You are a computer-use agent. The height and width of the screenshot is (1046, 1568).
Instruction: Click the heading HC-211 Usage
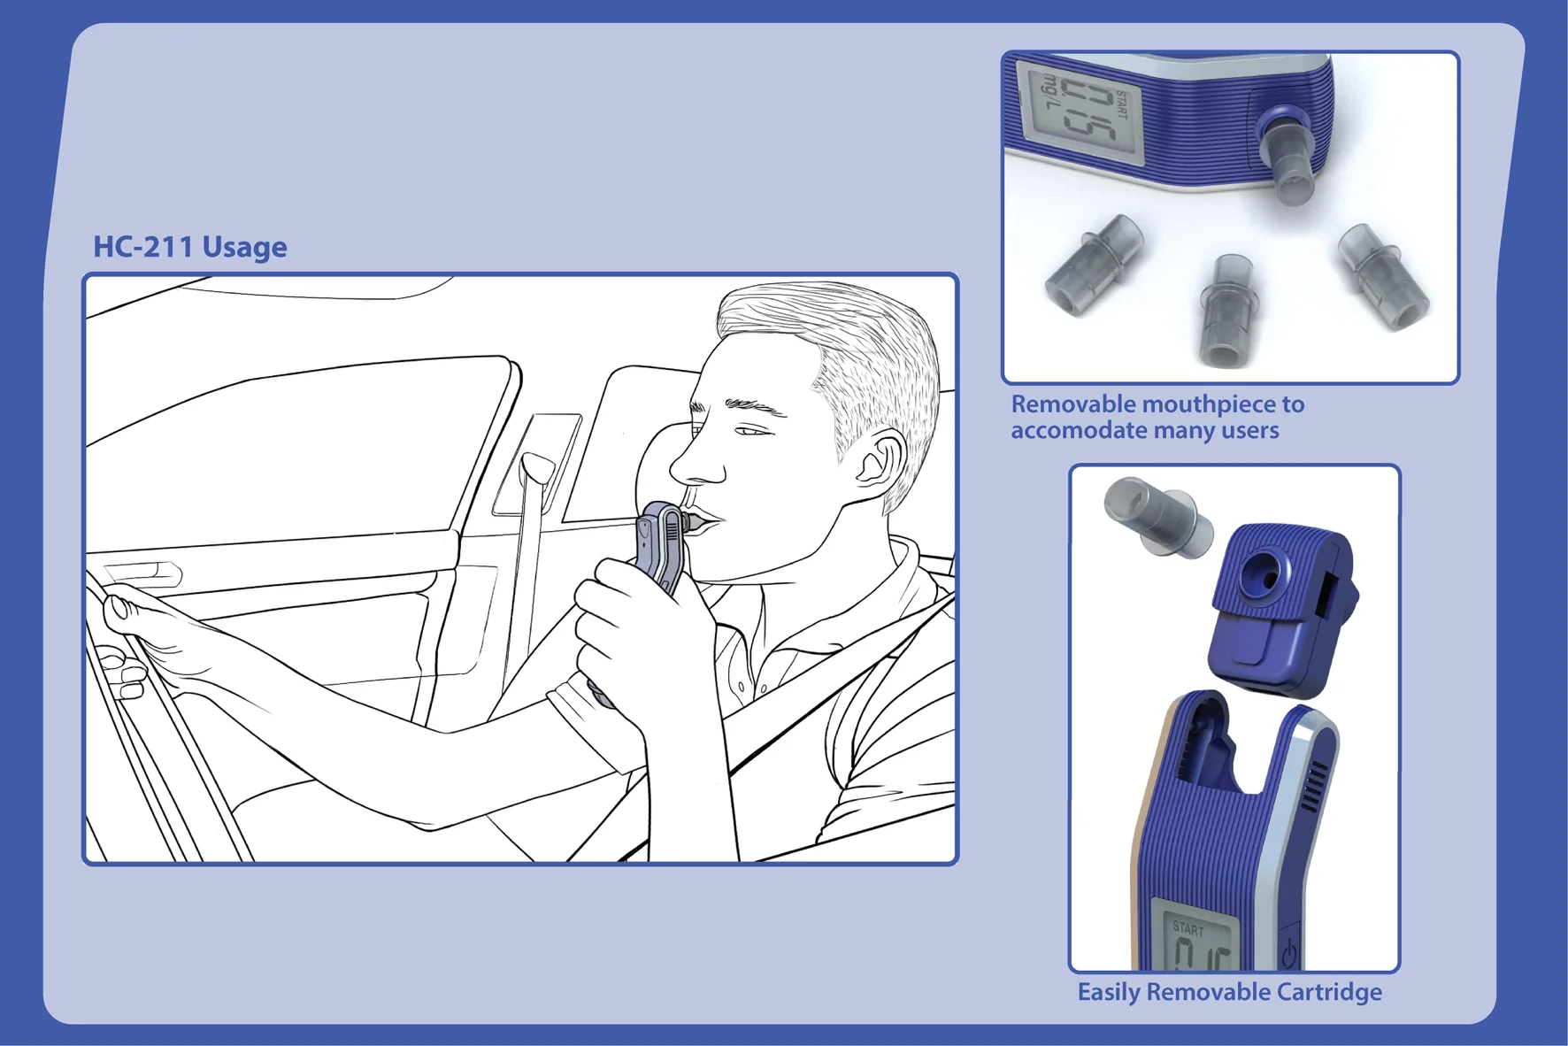point(190,247)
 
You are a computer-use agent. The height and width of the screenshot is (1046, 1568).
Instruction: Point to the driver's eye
point(753,431)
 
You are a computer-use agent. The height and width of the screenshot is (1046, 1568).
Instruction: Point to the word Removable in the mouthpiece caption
point(1072,404)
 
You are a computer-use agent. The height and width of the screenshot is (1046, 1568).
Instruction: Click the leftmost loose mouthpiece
point(1094,265)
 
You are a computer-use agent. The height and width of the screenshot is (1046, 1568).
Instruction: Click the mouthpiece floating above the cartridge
point(1157,518)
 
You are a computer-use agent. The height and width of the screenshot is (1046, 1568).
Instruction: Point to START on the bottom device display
point(1188,929)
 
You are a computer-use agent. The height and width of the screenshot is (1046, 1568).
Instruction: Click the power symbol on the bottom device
point(1290,954)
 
